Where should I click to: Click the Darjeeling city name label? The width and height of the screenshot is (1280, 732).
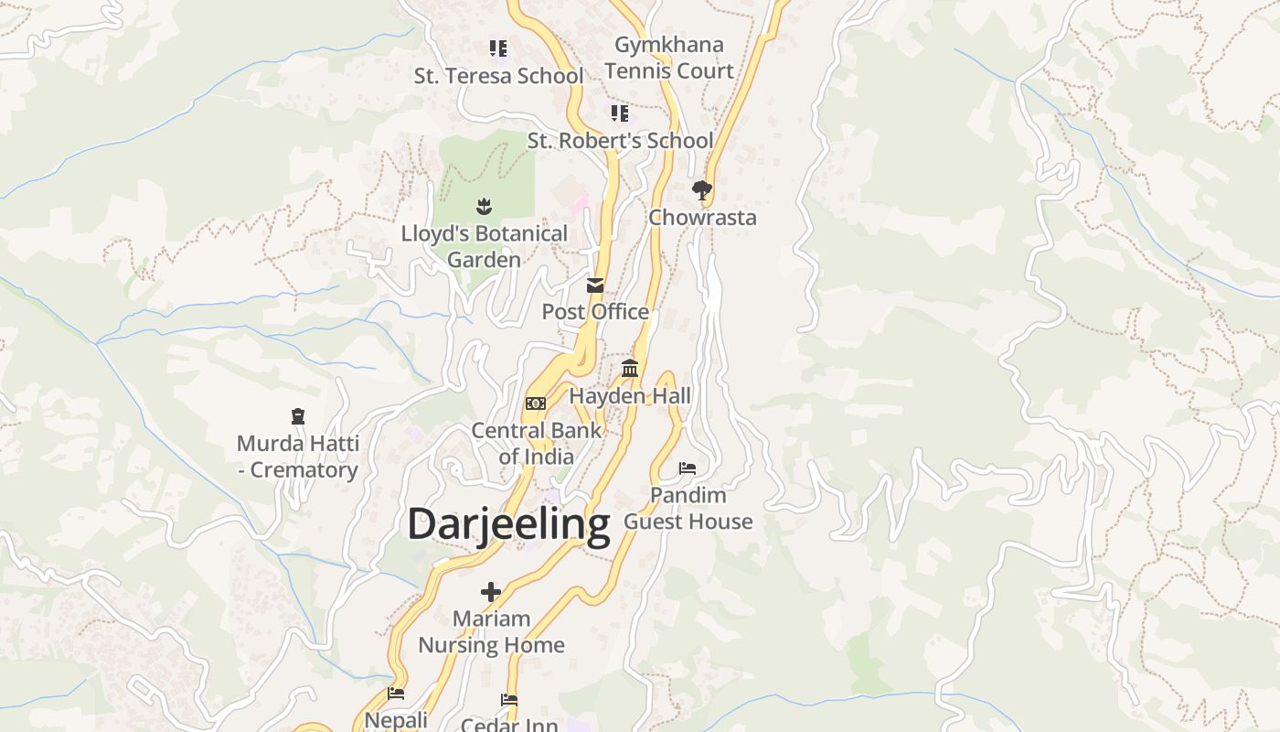tap(508, 525)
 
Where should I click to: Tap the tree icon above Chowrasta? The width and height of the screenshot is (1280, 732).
tap(702, 190)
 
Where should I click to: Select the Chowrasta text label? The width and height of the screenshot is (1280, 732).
tap(702, 218)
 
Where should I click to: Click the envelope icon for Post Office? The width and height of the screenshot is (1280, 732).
tap(595, 285)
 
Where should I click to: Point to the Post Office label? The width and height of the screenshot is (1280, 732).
tap(595, 312)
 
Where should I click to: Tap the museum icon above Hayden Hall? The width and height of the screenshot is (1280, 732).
tap(630, 369)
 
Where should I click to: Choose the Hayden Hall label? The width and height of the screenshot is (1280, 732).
tap(630, 396)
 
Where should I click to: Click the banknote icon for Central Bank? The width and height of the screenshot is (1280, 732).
tap(536, 404)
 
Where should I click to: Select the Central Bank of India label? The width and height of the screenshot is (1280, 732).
tap(537, 444)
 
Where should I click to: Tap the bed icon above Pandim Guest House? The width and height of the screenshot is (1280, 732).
tap(688, 468)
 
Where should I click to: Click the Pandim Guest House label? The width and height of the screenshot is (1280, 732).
tap(688, 509)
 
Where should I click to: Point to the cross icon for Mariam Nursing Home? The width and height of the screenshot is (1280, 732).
tap(491, 592)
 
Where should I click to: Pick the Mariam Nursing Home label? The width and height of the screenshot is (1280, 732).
tap(491, 632)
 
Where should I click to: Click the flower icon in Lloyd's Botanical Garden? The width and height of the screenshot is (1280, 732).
tap(484, 207)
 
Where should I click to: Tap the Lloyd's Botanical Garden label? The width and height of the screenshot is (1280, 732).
tap(484, 247)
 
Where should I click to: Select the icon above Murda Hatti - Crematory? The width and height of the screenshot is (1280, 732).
tap(298, 417)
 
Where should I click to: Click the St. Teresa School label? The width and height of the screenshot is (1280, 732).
tap(498, 76)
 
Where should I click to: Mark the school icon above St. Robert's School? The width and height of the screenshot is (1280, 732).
tap(620, 113)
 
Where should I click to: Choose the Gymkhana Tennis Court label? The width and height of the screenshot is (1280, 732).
tap(668, 58)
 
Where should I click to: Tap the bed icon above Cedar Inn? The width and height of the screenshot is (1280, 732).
tap(509, 700)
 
